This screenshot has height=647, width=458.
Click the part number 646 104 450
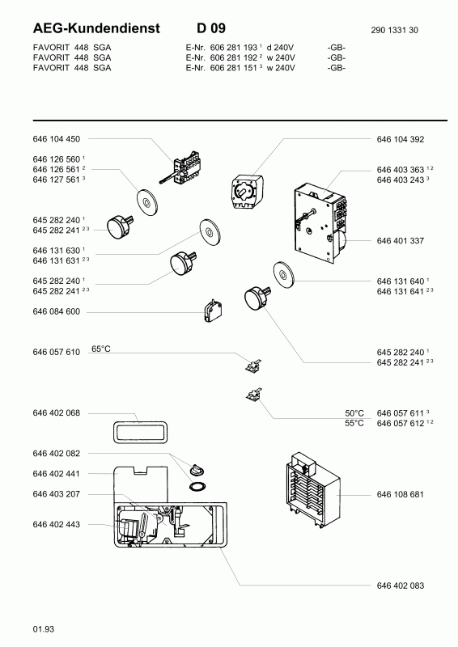point(56,139)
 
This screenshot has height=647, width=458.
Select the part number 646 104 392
point(401,139)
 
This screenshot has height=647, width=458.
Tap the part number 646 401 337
point(401,240)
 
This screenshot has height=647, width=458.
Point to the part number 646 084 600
point(56,311)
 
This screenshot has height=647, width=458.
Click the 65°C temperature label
point(101,349)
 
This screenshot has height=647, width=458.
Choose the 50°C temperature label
point(354,413)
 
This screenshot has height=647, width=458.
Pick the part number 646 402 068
point(56,413)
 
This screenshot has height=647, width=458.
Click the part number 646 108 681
point(401,494)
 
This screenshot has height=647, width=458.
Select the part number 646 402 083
point(401,586)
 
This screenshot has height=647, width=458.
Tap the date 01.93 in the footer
point(44,629)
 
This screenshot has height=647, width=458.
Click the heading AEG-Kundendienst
point(96,28)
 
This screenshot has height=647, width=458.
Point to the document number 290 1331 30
point(394,30)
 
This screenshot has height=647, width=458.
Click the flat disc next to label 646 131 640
point(284,273)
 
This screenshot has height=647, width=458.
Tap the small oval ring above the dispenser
point(197,486)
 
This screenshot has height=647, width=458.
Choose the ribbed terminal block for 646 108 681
point(313,490)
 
